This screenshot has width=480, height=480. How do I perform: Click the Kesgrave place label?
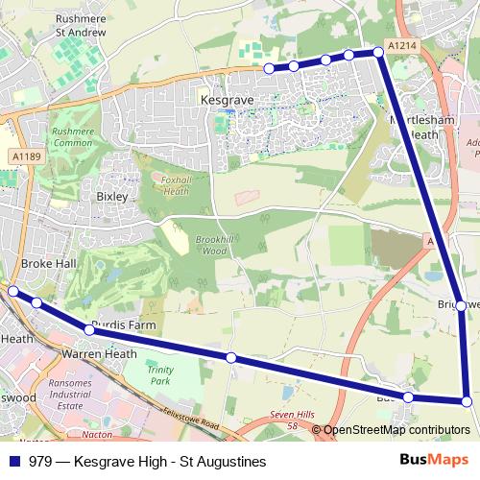click(225, 99)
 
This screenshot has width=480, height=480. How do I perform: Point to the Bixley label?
click(111, 196)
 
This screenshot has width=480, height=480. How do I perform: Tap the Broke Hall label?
click(47, 264)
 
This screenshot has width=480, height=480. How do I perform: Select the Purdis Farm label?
click(123, 326)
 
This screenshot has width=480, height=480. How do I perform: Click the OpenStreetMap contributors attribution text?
click(396, 430)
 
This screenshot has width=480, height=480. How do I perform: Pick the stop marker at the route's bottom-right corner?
click(467, 401)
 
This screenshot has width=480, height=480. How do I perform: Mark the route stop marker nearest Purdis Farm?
click(89, 329)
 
